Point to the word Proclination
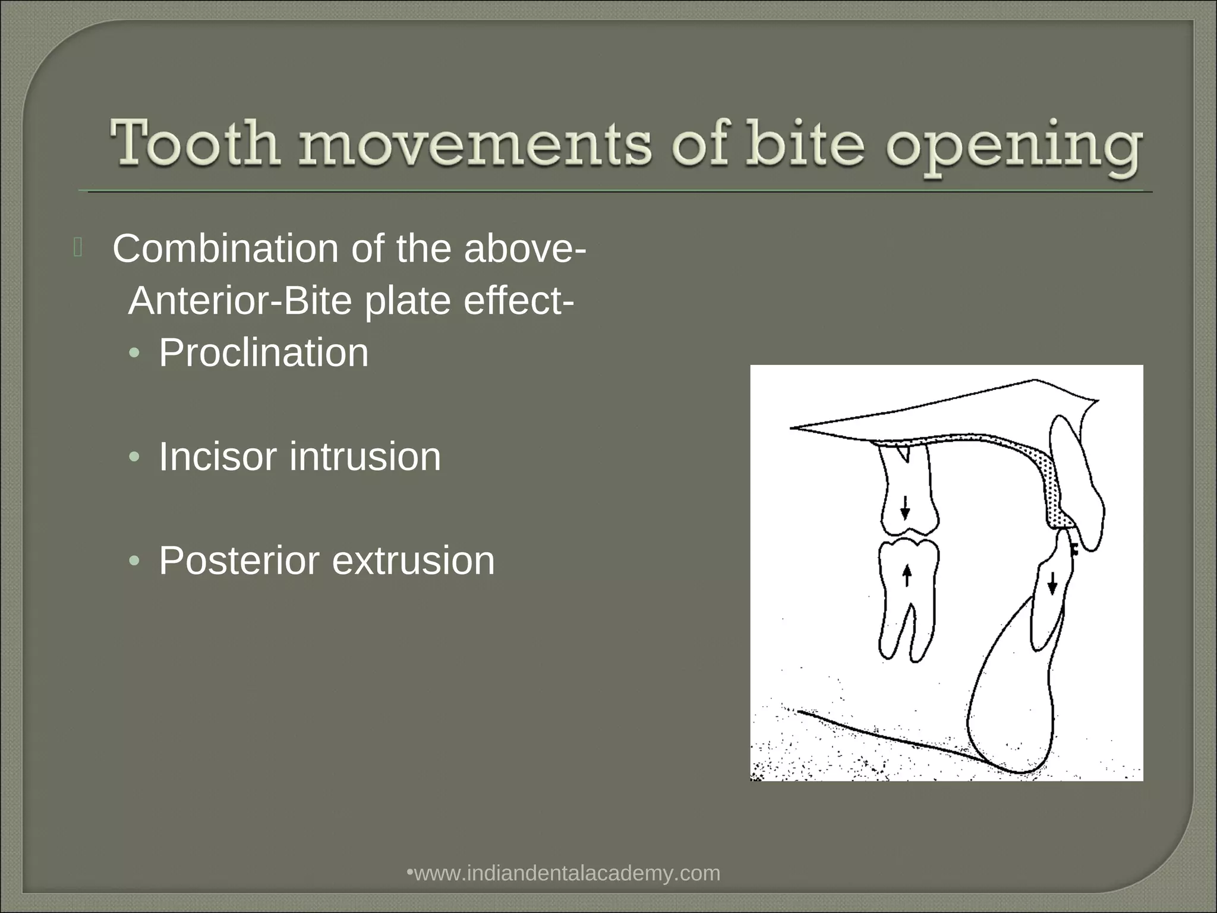(x=263, y=353)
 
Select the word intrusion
(x=365, y=456)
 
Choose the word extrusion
(x=413, y=561)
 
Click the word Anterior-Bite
(x=239, y=301)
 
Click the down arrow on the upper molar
(x=905, y=508)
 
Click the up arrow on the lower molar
(x=907, y=575)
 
